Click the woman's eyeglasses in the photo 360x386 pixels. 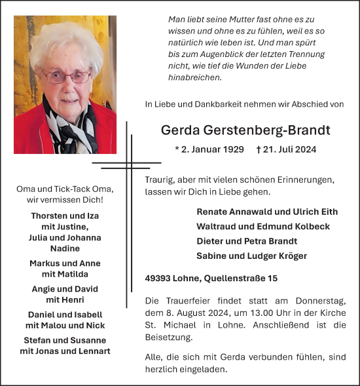pyautogui.click(x=68, y=76)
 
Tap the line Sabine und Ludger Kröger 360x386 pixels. pyautogui.click(x=251, y=256)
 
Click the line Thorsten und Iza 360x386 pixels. pyautogui.click(x=64, y=216)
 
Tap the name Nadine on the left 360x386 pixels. pyautogui.click(x=64, y=248)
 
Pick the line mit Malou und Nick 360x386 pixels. pyautogui.click(x=65, y=325)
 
